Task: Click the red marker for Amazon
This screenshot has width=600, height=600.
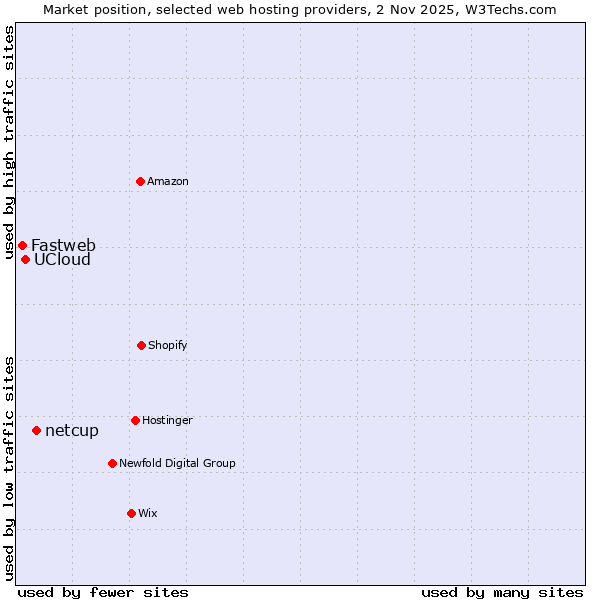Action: click(141, 181)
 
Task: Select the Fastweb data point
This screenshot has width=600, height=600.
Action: click(22, 245)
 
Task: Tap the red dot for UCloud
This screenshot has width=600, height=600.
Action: click(25, 259)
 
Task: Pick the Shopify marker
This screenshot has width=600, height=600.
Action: click(141, 345)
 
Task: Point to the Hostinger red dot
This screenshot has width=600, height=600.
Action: click(135, 420)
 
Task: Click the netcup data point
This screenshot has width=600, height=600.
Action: click(36, 430)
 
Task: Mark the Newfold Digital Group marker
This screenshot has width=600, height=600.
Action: click(112, 463)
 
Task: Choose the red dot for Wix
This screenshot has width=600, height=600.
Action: click(131, 513)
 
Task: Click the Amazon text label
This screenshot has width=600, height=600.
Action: click(168, 181)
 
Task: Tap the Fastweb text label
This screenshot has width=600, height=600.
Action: click(63, 245)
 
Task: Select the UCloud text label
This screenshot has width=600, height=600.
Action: click(62, 260)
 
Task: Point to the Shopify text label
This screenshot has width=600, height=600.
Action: click(168, 345)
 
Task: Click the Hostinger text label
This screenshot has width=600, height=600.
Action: click(167, 420)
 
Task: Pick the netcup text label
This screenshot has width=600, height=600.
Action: click(72, 431)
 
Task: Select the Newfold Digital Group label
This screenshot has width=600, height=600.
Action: click(177, 463)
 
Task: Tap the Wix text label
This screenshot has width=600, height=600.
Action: click(148, 513)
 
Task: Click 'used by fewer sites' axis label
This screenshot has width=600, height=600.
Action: click(103, 592)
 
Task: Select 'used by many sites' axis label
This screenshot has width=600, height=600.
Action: click(502, 592)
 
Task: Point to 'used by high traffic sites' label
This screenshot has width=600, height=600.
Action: click(9, 144)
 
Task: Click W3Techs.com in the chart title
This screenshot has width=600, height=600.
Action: click(507, 9)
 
